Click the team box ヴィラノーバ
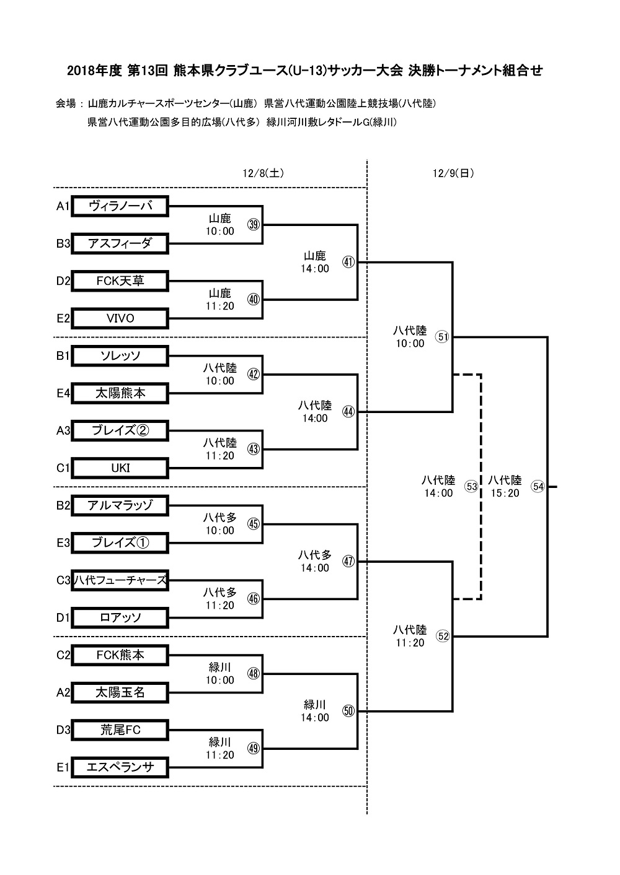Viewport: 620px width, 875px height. tap(120, 206)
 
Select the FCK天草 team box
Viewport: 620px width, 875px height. tap(120, 281)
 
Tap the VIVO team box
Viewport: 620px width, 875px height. tap(120, 318)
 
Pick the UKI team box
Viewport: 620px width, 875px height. tap(120, 468)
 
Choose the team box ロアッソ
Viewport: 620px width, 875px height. tap(120, 617)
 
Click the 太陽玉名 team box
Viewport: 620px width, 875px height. tap(120, 692)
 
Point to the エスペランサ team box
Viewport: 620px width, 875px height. tap(120, 767)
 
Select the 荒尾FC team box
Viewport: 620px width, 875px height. tap(120, 730)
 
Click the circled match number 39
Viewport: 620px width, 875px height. tap(253, 225)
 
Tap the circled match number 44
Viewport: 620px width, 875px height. tap(348, 412)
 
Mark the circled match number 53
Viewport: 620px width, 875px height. tap(472, 487)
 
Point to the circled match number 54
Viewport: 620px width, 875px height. tap(538, 487)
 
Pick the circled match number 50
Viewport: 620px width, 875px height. tap(348, 711)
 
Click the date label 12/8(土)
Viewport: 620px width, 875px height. tap(263, 173)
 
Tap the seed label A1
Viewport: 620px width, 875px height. tap(63, 206)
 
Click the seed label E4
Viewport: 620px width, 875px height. tap(63, 393)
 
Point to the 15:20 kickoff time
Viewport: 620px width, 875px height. tap(505, 494)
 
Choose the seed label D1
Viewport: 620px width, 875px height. tap(63, 617)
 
